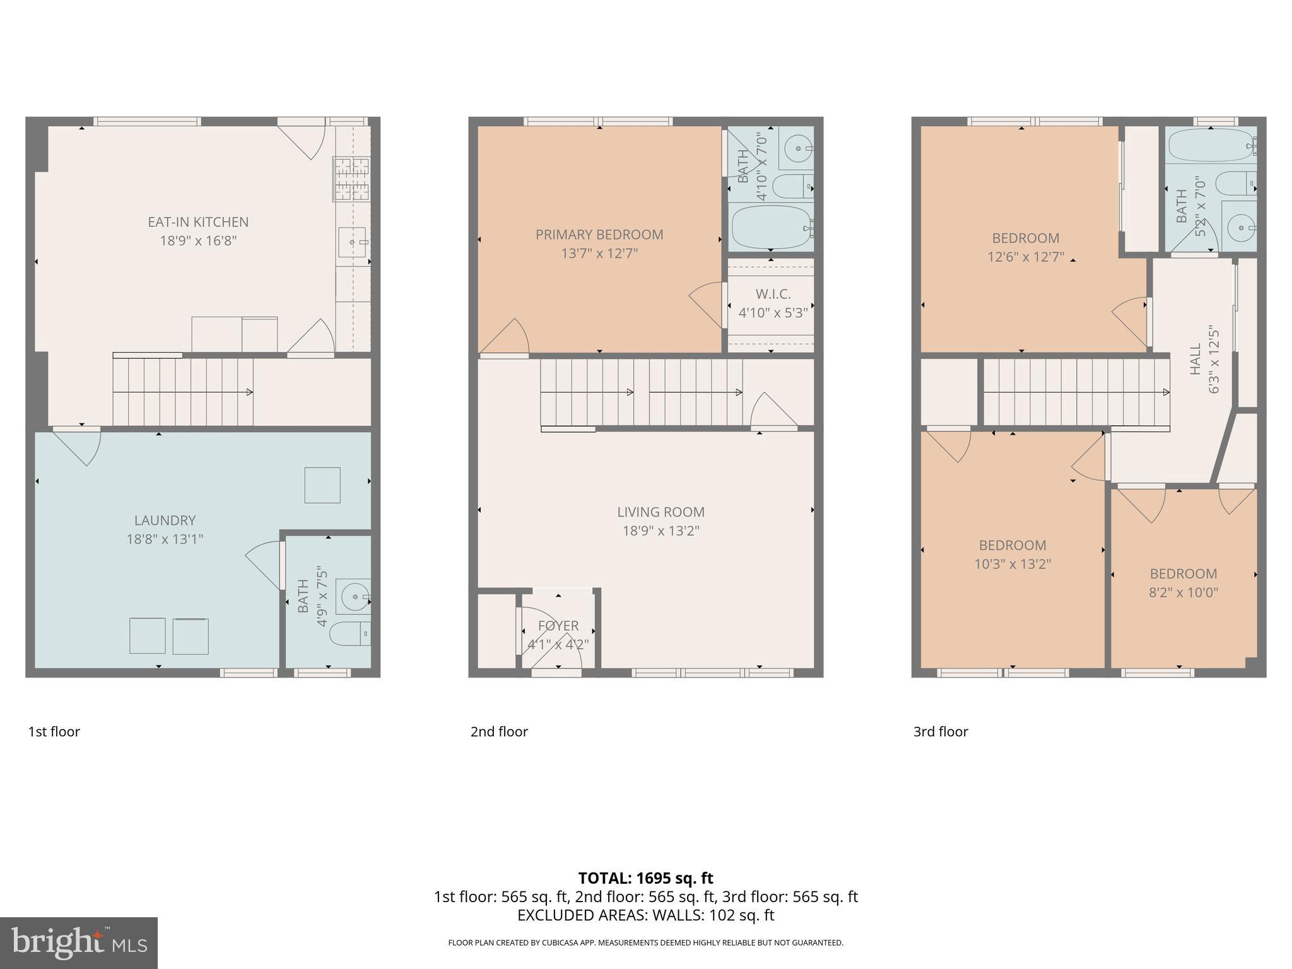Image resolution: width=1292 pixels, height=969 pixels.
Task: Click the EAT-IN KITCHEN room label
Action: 198,222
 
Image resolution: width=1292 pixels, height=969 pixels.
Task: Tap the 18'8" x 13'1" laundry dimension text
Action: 165,539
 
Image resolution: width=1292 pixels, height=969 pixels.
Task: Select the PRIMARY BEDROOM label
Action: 599,235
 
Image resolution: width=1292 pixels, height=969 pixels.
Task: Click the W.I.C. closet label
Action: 773,294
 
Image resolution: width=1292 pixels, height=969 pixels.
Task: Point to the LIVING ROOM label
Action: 661,512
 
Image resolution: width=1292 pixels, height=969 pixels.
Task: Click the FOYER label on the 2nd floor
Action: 558,626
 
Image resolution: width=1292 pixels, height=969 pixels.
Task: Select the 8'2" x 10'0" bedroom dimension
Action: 1183,592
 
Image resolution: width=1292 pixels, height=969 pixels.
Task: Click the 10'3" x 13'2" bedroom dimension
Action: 1013,564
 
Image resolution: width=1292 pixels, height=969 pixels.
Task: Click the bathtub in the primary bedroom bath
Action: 771,228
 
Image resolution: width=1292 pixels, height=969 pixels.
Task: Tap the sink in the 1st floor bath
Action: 354,596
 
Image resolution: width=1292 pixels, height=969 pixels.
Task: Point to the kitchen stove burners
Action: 351,179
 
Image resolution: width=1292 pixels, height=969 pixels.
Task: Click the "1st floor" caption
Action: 54,732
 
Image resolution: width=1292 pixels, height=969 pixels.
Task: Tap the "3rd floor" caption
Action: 941,732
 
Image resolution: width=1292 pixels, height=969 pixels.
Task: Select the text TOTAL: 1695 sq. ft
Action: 645,878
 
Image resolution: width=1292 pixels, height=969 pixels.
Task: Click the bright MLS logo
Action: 79,943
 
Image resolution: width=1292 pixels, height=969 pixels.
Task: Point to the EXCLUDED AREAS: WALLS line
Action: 645,915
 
